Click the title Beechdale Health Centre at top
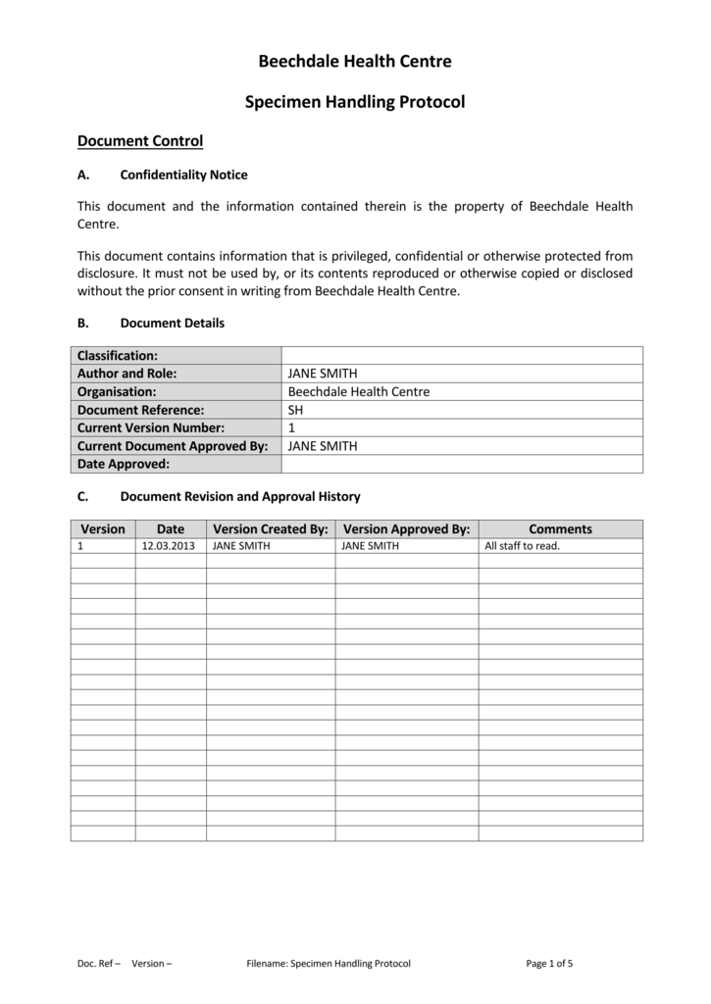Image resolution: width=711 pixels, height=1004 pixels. [355, 62]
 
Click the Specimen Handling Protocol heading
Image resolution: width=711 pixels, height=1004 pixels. [355, 102]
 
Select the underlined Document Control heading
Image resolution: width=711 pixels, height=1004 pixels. [140, 141]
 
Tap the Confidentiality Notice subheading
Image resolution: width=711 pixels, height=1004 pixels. [183, 176]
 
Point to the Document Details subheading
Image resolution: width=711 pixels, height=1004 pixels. [172, 324]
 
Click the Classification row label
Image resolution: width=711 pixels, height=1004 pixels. [118, 355]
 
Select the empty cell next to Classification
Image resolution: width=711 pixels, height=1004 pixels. [461, 355]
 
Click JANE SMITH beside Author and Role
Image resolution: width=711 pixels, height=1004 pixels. [322, 374]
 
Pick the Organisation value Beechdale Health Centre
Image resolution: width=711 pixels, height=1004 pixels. [358, 391]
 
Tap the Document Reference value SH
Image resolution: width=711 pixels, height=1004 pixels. [295, 410]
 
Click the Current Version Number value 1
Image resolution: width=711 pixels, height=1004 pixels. [291, 427]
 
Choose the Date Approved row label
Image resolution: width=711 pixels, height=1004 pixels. [124, 464]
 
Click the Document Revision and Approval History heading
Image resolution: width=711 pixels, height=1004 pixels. [239, 497]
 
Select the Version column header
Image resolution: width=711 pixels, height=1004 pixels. [103, 529]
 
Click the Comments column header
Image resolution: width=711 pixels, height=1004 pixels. [560, 529]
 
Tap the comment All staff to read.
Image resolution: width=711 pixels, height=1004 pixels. [522, 546]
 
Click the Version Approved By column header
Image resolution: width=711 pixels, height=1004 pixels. [406, 529]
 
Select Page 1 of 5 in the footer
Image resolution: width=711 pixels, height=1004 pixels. [549, 964]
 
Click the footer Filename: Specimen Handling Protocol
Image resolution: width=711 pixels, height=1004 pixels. [329, 964]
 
